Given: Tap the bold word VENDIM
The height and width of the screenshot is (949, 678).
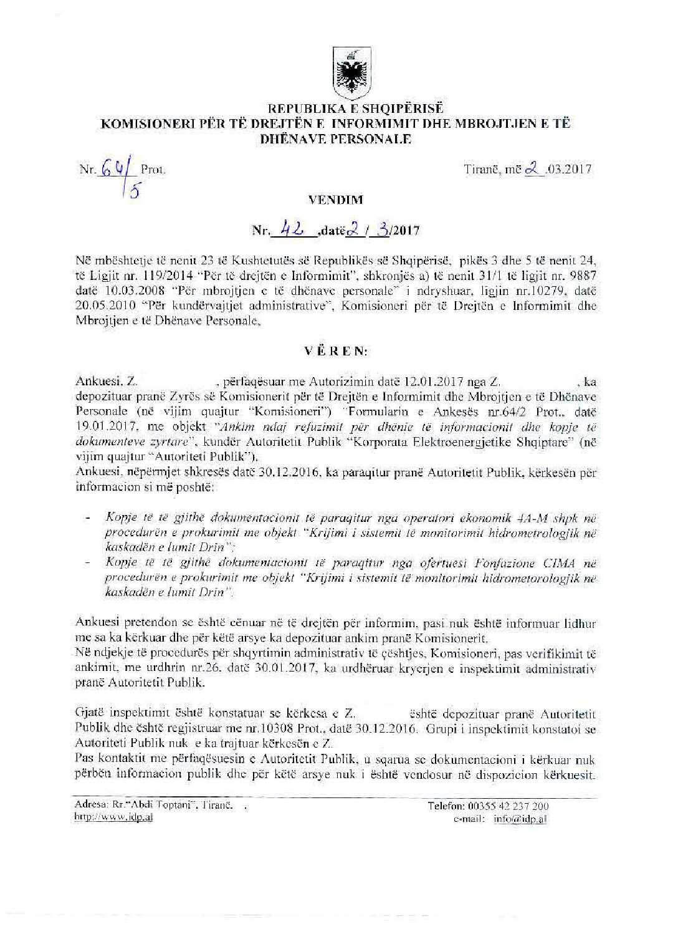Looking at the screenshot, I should click(336, 200).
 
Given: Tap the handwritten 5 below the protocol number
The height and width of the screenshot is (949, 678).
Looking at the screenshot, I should click(134, 191).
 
